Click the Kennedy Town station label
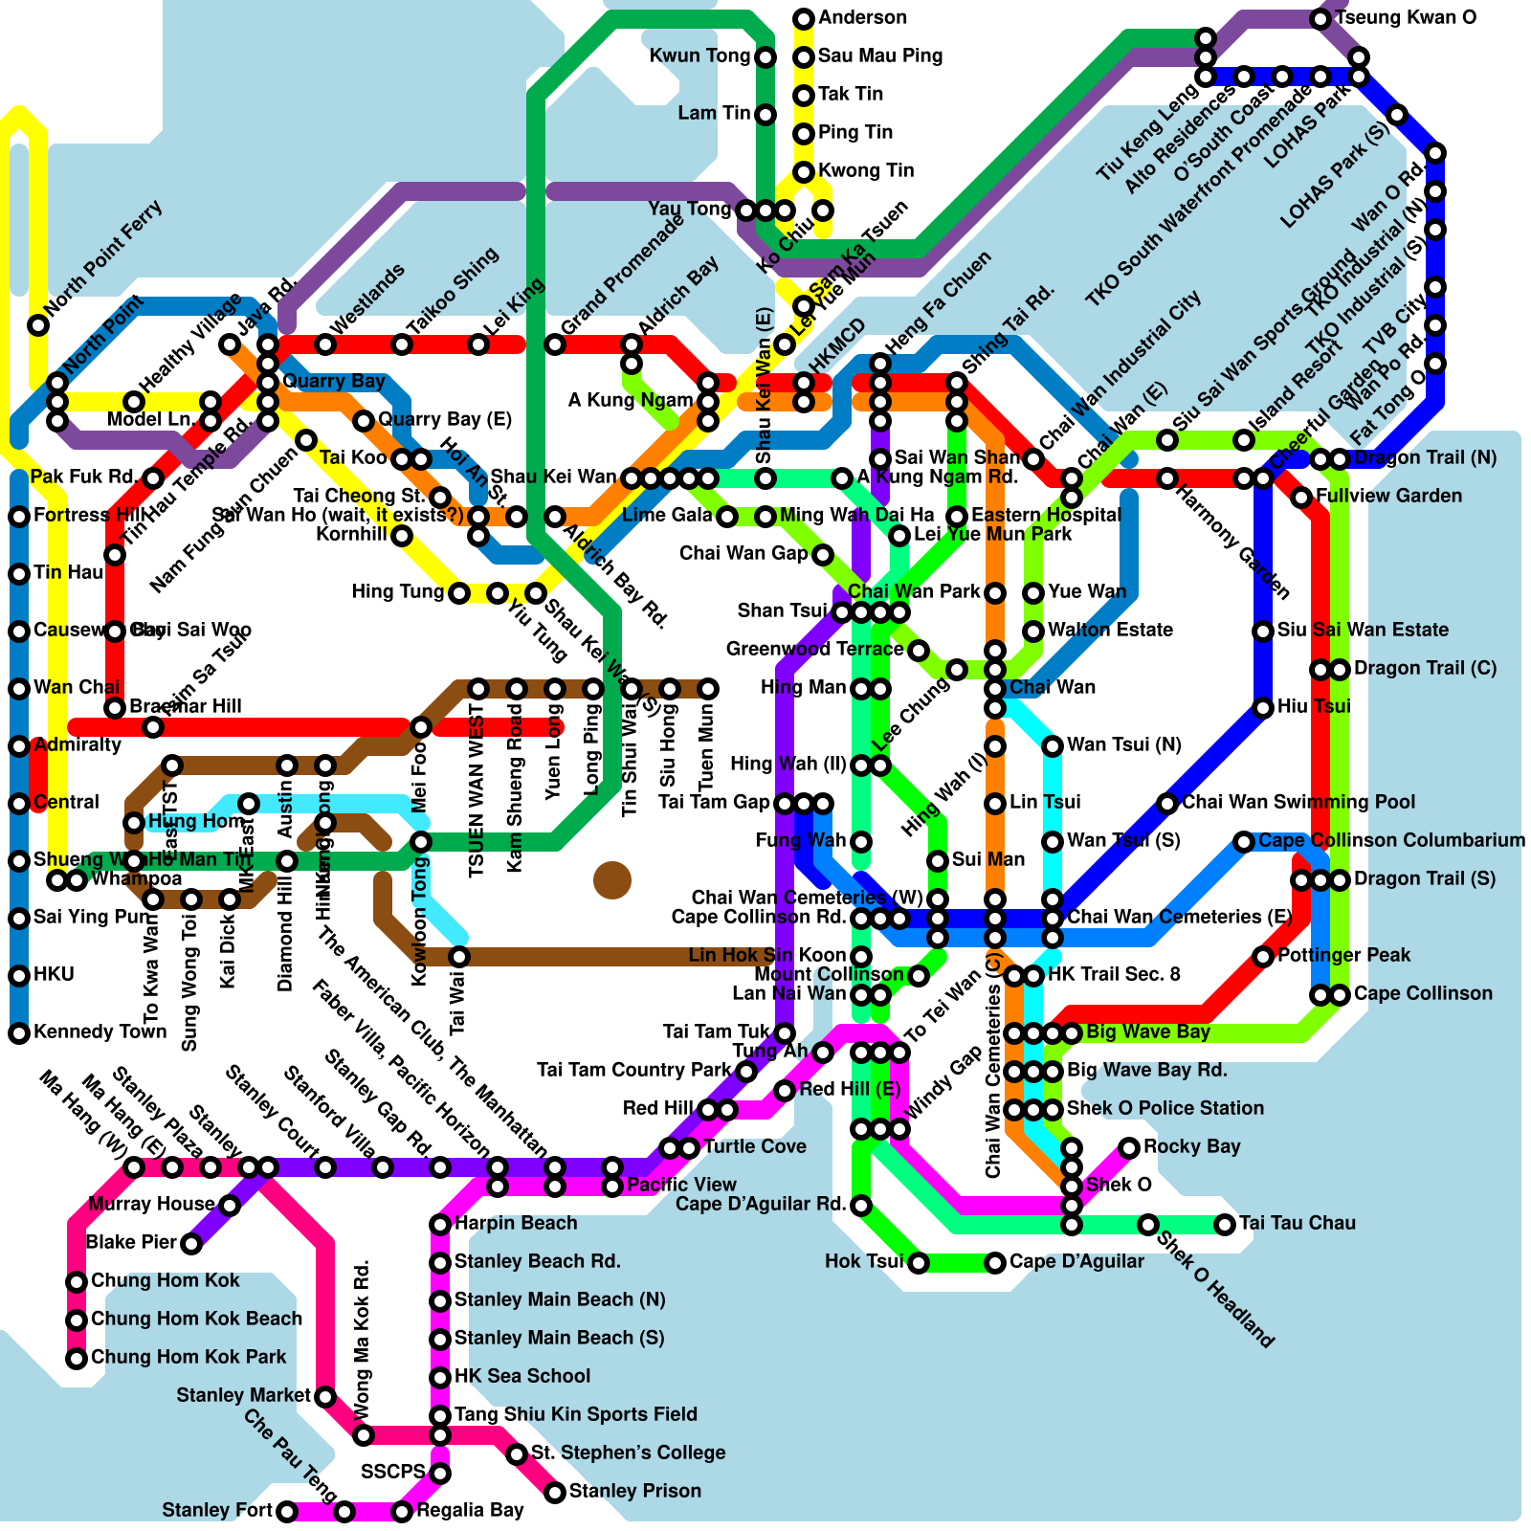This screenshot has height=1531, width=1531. [100, 1032]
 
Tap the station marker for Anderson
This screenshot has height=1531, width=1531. [804, 18]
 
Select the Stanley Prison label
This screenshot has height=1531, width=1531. [634, 1491]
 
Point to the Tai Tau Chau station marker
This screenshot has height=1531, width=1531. [1225, 1224]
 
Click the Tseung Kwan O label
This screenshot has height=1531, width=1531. [1405, 18]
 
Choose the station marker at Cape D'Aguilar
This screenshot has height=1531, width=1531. [995, 1263]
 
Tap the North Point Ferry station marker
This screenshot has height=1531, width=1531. [38, 325]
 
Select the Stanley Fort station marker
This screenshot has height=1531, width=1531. [287, 1512]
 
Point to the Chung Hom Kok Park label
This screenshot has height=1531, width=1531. [188, 1357]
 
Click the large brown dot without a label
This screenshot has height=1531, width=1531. [612, 880]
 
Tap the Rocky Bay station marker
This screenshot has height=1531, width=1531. [1129, 1147]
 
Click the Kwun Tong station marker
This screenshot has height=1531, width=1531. [765, 57]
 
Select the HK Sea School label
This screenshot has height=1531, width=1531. [521, 1376]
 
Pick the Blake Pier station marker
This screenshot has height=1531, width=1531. [191, 1244]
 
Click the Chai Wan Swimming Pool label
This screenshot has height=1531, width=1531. [1298, 802]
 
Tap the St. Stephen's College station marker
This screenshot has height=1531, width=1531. [517, 1454]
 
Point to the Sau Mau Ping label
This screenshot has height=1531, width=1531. [879, 55]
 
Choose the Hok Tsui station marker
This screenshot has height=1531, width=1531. [919, 1263]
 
